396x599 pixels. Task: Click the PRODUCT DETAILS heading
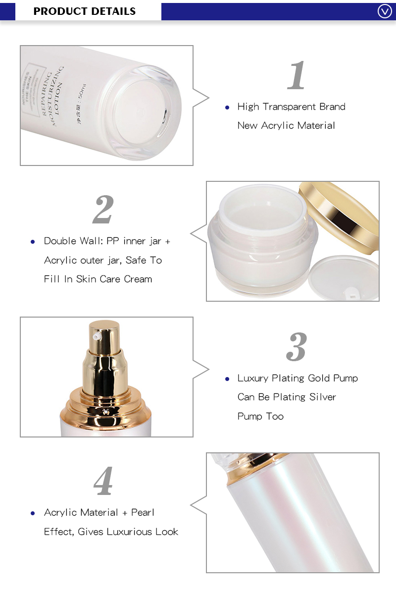pos(84,11)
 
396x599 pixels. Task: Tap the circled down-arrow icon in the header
pos(385,11)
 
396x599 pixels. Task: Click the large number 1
pos(297,76)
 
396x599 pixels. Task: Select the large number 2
pos(103,210)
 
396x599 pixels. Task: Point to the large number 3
pos(297,347)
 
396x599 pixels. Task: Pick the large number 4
pos(103,481)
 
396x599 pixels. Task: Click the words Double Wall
pos(71,241)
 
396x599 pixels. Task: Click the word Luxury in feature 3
pos(253,378)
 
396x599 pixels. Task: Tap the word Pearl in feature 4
pos(143,512)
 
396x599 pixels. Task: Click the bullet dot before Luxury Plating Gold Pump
pos(227,379)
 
